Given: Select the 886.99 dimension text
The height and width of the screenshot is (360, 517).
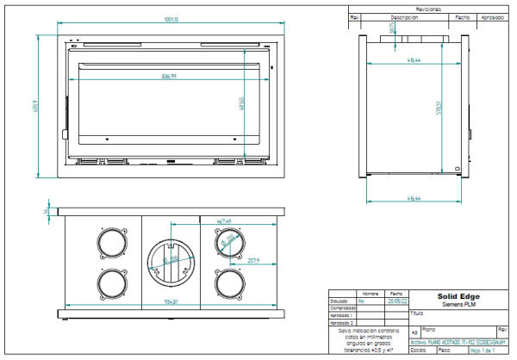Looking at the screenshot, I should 168,78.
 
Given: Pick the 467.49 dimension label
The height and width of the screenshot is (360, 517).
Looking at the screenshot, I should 224,221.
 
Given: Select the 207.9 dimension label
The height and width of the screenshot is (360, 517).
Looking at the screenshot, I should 253,260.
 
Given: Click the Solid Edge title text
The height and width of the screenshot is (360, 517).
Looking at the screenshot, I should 458,297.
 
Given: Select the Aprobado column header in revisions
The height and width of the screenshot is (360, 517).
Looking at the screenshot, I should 492,16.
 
